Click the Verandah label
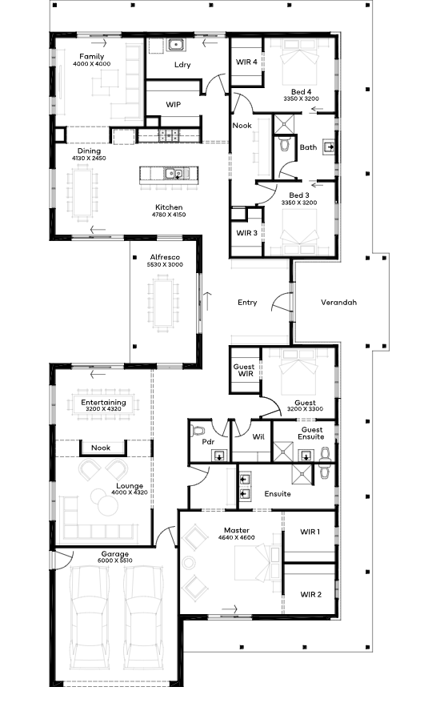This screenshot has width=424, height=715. click(x=338, y=303)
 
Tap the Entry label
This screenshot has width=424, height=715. click(x=247, y=303)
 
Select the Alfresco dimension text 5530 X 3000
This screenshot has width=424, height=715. click(x=165, y=264)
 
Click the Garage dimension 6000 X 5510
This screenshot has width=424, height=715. click(x=115, y=560)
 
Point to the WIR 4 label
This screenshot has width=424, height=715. click(x=246, y=62)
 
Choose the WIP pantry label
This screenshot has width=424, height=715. click(x=173, y=104)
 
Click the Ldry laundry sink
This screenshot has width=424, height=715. click(x=175, y=45)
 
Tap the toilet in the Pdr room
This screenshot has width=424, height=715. click(x=198, y=431)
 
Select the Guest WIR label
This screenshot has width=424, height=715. click(x=244, y=370)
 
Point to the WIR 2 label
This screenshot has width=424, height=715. click(x=311, y=594)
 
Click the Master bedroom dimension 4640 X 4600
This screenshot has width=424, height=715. click(x=236, y=537)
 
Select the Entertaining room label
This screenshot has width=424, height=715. click(x=103, y=402)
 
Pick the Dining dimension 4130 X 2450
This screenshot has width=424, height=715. click(x=89, y=159)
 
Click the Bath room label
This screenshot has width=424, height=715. click(x=308, y=147)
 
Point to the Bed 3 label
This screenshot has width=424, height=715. click(x=299, y=195)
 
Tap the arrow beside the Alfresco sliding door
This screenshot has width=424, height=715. click(x=207, y=301)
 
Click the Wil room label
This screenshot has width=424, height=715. click(x=258, y=437)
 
